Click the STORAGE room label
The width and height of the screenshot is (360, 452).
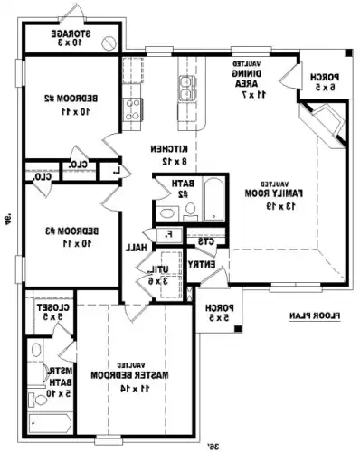pos(67,37)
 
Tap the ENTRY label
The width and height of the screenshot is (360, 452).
pos(204,263)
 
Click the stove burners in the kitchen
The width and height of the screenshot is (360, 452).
pos(132,109)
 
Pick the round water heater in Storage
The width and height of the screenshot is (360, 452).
pos(108,42)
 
